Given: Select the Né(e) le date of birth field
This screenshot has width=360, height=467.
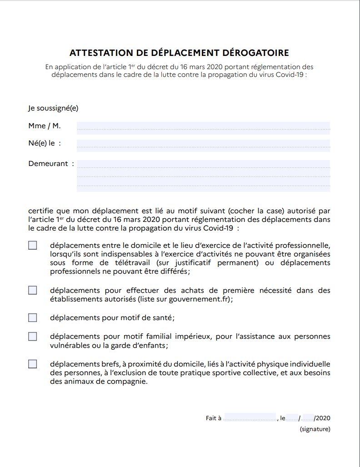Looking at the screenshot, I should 203,144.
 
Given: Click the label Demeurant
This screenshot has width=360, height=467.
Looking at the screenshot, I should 48,164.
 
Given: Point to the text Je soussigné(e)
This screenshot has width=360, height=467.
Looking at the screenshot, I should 53,108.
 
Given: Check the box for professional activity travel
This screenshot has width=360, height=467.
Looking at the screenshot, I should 33,246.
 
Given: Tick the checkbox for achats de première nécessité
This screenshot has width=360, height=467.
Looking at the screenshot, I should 33,290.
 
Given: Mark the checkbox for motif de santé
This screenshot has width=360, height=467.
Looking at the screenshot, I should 33,317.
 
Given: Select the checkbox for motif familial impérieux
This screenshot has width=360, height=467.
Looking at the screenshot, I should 33,336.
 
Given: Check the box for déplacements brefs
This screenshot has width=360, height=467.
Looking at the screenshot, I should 33,364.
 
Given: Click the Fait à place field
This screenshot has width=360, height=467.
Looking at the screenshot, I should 250,418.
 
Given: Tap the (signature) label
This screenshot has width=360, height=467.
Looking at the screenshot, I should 315,429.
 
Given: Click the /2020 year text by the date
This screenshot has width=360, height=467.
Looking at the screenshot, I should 322,418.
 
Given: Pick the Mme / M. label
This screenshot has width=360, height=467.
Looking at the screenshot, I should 45,126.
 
